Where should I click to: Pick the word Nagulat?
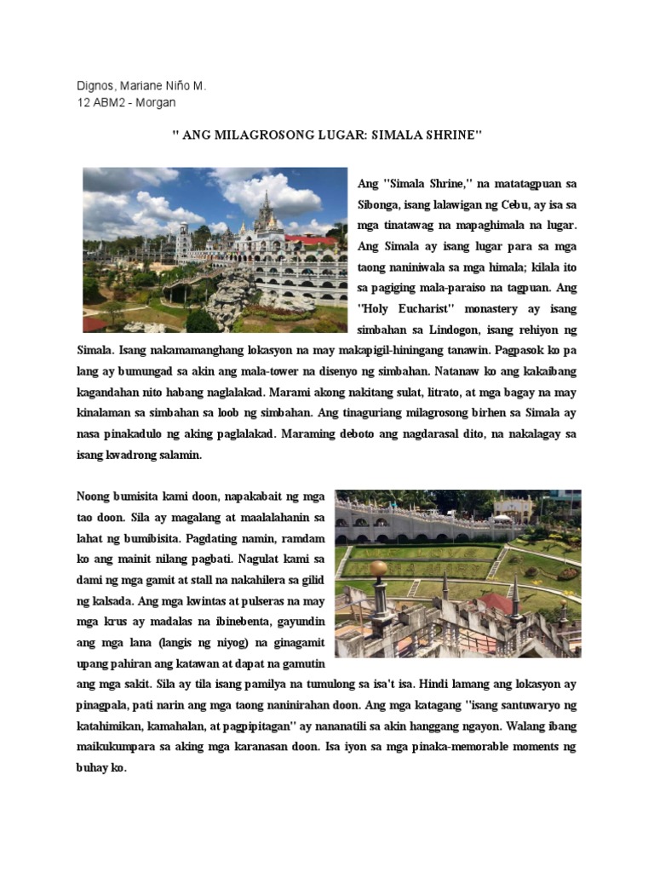pos(264,558)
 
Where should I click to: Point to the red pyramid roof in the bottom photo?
pos(496,604)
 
